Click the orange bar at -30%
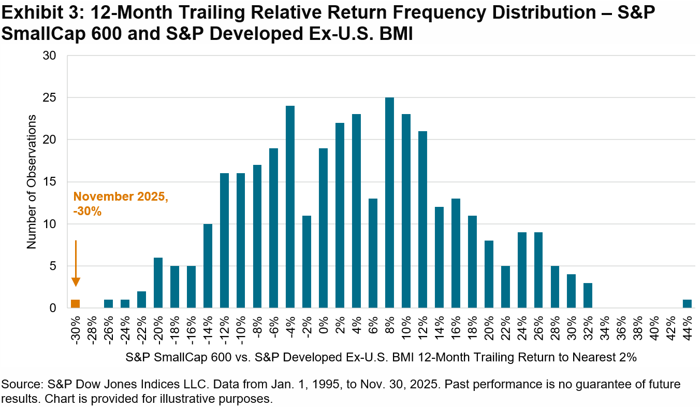(x=75, y=304)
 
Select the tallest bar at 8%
(x=389, y=202)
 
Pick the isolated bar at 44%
(x=687, y=304)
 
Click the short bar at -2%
(x=307, y=261)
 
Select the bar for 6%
(x=373, y=253)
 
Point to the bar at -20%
(x=158, y=283)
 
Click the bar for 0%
(x=323, y=228)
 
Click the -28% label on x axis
(x=92, y=328)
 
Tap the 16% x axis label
(x=456, y=328)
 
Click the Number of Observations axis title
(x=32, y=181)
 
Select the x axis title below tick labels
(x=381, y=357)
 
